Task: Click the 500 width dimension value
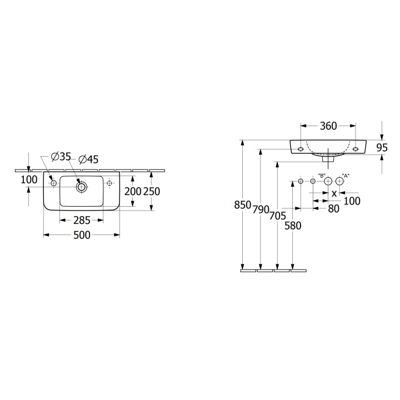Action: tap(82, 235)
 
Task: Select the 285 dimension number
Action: tap(82, 221)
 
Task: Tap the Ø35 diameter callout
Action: tap(61, 156)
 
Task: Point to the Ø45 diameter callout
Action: tap(88, 159)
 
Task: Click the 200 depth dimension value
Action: tap(133, 191)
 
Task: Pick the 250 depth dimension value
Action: tap(152, 191)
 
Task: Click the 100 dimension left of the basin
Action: tap(29, 179)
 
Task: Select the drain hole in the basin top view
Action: tap(82, 187)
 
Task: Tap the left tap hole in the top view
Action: tap(53, 183)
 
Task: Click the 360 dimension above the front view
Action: tap(328, 126)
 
